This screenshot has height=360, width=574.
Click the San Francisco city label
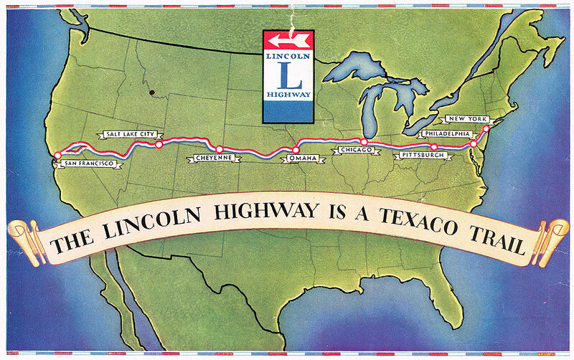(x=88, y=164)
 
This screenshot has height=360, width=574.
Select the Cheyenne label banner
(x=213, y=158)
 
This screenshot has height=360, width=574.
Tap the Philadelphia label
(x=446, y=133)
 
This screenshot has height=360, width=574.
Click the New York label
(x=467, y=118)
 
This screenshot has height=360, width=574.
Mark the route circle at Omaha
(x=296, y=148)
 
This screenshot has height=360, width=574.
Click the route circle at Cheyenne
(x=220, y=149)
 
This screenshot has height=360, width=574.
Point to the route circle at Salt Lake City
(x=159, y=145)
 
